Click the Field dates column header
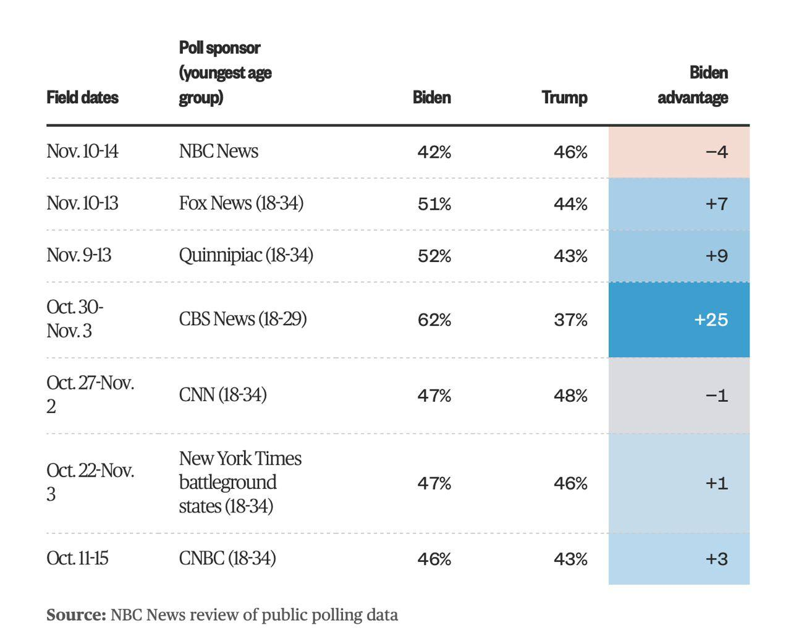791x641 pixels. pos(82,97)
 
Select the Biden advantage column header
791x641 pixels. pos(692,85)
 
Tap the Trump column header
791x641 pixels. pos(564,97)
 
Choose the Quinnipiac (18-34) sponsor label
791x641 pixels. pos(245,255)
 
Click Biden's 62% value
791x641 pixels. pos(434,320)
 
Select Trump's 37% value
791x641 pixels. pos(570,320)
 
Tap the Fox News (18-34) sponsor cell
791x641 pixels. pos(241,203)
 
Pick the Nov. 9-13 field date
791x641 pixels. pos(78,255)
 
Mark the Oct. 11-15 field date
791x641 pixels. pos(77,558)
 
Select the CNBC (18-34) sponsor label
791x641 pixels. pos(227,558)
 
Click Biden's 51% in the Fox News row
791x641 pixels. pos(434,203)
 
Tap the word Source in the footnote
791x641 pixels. pos(75,615)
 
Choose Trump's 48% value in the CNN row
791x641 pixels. pos(570,396)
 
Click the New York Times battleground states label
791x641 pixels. pos(240,482)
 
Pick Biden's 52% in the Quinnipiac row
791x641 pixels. pos(434,255)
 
